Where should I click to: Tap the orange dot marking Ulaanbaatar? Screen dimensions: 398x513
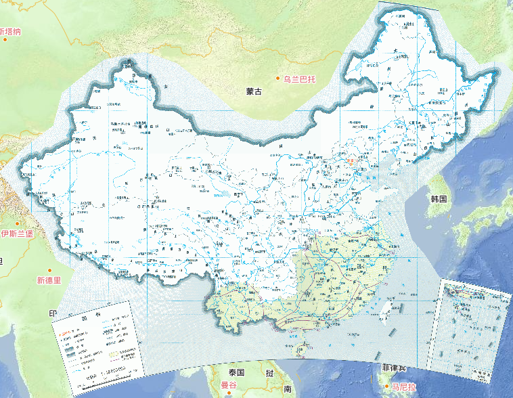click(x=277, y=79)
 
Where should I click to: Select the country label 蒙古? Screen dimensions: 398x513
click(x=254, y=91)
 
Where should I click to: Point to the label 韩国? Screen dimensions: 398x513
click(x=439, y=199)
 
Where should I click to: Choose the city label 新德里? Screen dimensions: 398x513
click(x=49, y=280)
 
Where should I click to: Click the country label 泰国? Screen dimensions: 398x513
click(x=236, y=373)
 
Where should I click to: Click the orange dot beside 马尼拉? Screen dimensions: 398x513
click(x=384, y=386)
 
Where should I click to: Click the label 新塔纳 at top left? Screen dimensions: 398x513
click(x=10, y=31)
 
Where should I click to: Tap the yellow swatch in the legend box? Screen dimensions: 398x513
click(x=112, y=352)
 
